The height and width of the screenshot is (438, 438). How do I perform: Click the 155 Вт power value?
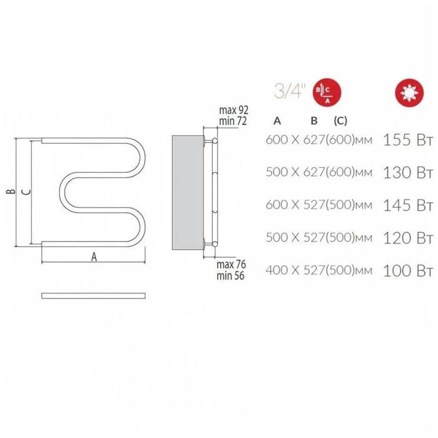pyautogui.click(x=408, y=140)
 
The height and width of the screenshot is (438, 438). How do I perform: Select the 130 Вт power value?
pyautogui.click(x=408, y=172)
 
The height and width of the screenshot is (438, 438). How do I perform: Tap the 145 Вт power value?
pyautogui.click(x=408, y=205)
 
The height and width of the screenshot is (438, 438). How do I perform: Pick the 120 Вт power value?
pyautogui.click(x=408, y=238)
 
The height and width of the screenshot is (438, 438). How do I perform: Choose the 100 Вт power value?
pyautogui.click(x=408, y=270)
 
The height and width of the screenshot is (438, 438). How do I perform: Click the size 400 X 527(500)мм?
pyautogui.click(x=319, y=270)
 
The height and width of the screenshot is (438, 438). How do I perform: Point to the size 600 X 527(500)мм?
pyautogui.click(x=319, y=205)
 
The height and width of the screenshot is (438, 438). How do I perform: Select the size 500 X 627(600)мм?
pyautogui.click(x=319, y=172)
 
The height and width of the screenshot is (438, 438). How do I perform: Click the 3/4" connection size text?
pyautogui.click(x=290, y=91)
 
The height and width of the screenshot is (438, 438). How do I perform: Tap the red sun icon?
pyautogui.click(x=409, y=93)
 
